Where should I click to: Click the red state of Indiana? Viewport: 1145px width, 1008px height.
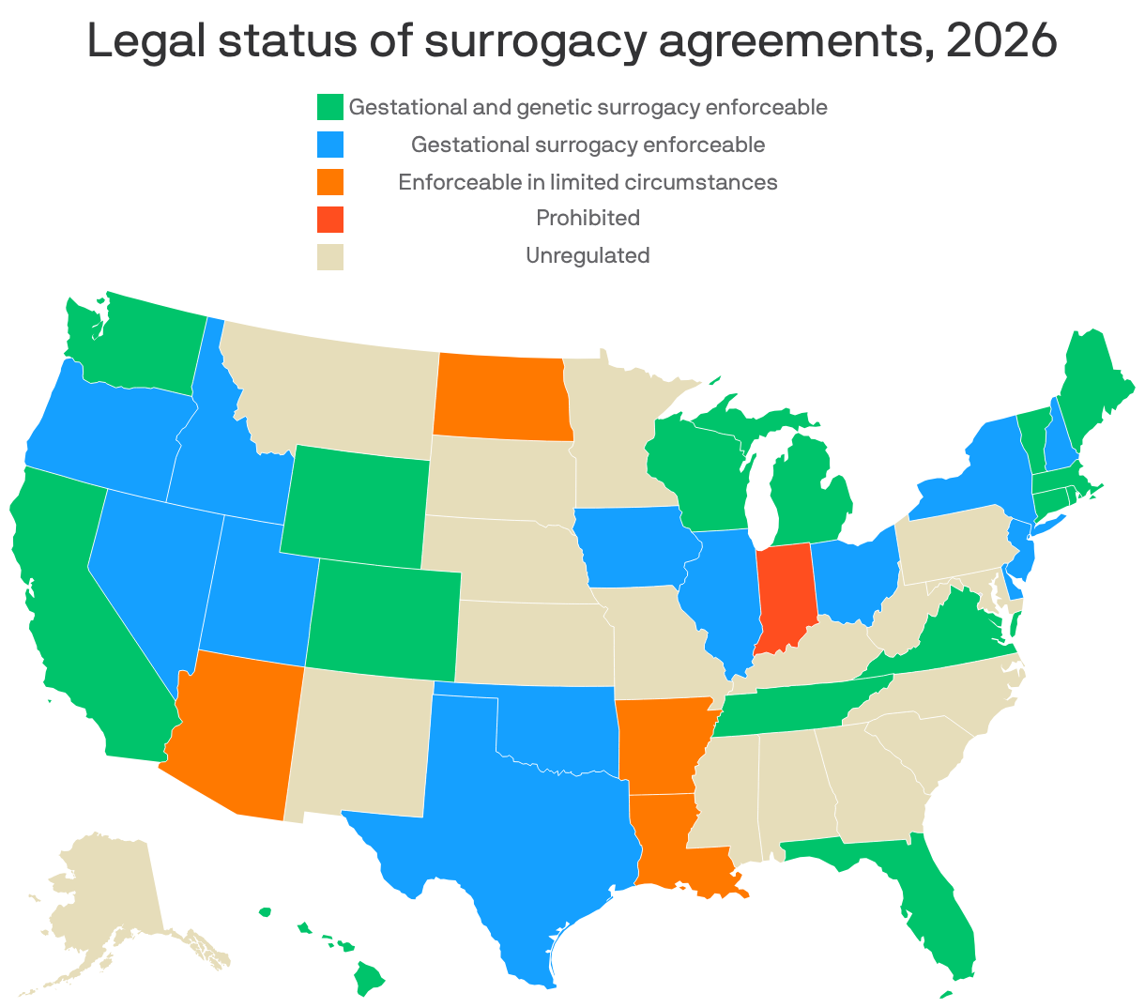[783, 596]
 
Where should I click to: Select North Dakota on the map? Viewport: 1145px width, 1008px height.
[501, 398]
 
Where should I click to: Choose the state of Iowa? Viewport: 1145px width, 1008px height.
[634, 549]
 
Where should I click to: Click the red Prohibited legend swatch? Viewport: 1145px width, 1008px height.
[330, 219]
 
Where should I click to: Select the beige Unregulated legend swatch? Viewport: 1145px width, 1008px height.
[330, 255]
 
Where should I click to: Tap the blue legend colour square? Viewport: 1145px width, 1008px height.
[330, 145]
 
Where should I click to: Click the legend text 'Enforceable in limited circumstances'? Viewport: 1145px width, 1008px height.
[588, 182]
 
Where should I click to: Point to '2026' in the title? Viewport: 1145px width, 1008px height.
[1001, 42]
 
